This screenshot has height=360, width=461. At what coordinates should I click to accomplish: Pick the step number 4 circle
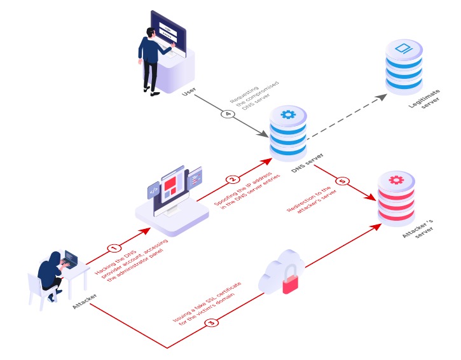click(x=227, y=115)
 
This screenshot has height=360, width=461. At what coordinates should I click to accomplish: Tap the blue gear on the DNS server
click(x=288, y=115)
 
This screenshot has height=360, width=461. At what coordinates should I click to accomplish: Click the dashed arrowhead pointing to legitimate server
click(x=382, y=96)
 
